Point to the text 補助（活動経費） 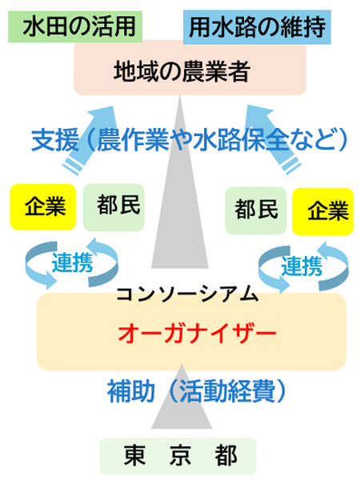pyautogui.click(x=195, y=391)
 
